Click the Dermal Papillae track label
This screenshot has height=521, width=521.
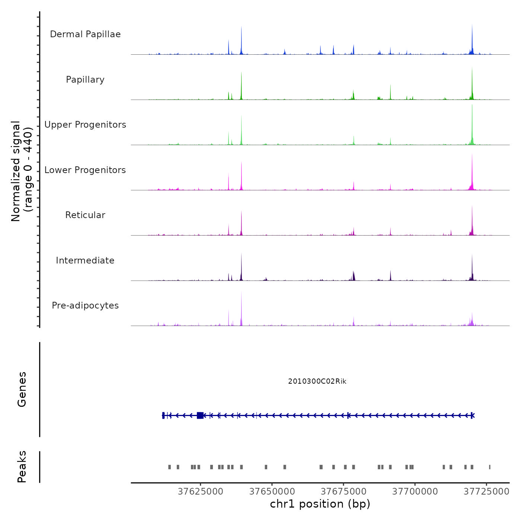pyautogui.click(x=85, y=34)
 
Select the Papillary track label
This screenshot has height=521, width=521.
pyautogui.click(x=85, y=80)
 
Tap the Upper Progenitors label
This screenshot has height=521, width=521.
pyautogui.click(x=85, y=125)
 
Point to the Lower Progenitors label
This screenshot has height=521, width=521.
pyautogui.click(x=85, y=170)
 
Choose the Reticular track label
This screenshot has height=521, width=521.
pyautogui.click(x=85, y=215)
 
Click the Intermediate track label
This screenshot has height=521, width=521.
pyautogui.click(x=85, y=260)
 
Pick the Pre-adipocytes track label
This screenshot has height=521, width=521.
pyautogui.click(x=85, y=306)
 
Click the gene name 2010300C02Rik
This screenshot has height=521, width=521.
pyautogui.click(x=317, y=381)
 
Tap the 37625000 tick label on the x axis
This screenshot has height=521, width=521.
pyautogui.click(x=200, y=492)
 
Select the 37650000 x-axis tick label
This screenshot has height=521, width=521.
pyautogui.click(x=272, y=492)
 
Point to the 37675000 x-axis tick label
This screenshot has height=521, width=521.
pyautogui.click(x=343, y=492)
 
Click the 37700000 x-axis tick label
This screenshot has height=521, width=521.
pyautogui.click(x=415, y=492)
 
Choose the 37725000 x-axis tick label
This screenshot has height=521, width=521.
pyautogui.click(x=486, y=492)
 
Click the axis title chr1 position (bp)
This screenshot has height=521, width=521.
pyautogui.click(x=320, y=504)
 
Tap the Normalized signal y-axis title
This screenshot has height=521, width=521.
pyautogui.click(x=22, y=171)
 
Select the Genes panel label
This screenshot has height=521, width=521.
pyautogui.click(x=22, y=389)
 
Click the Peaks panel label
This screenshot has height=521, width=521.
pyautogui.click(x=22, y=467)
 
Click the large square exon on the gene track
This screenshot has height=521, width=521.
pyautogui.click(x=200, y=415)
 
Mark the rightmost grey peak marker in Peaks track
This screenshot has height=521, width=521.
pyautogui.click(x=490, y=467)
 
